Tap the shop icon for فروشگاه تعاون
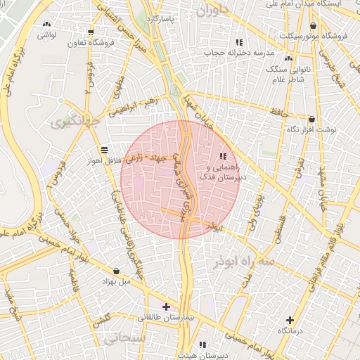pos(91,32)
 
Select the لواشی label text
pos(47,34)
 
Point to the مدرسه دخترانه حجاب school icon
pos(240,43)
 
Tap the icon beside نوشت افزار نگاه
pos(311,120)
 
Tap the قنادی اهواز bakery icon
pos(104,149)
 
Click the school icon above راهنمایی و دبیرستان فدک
pos(223,157)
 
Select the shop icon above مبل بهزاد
pos(116,271)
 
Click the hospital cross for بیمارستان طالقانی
pos(166,307)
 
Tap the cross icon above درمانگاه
pos(290,320)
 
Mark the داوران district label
pos(213,11)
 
